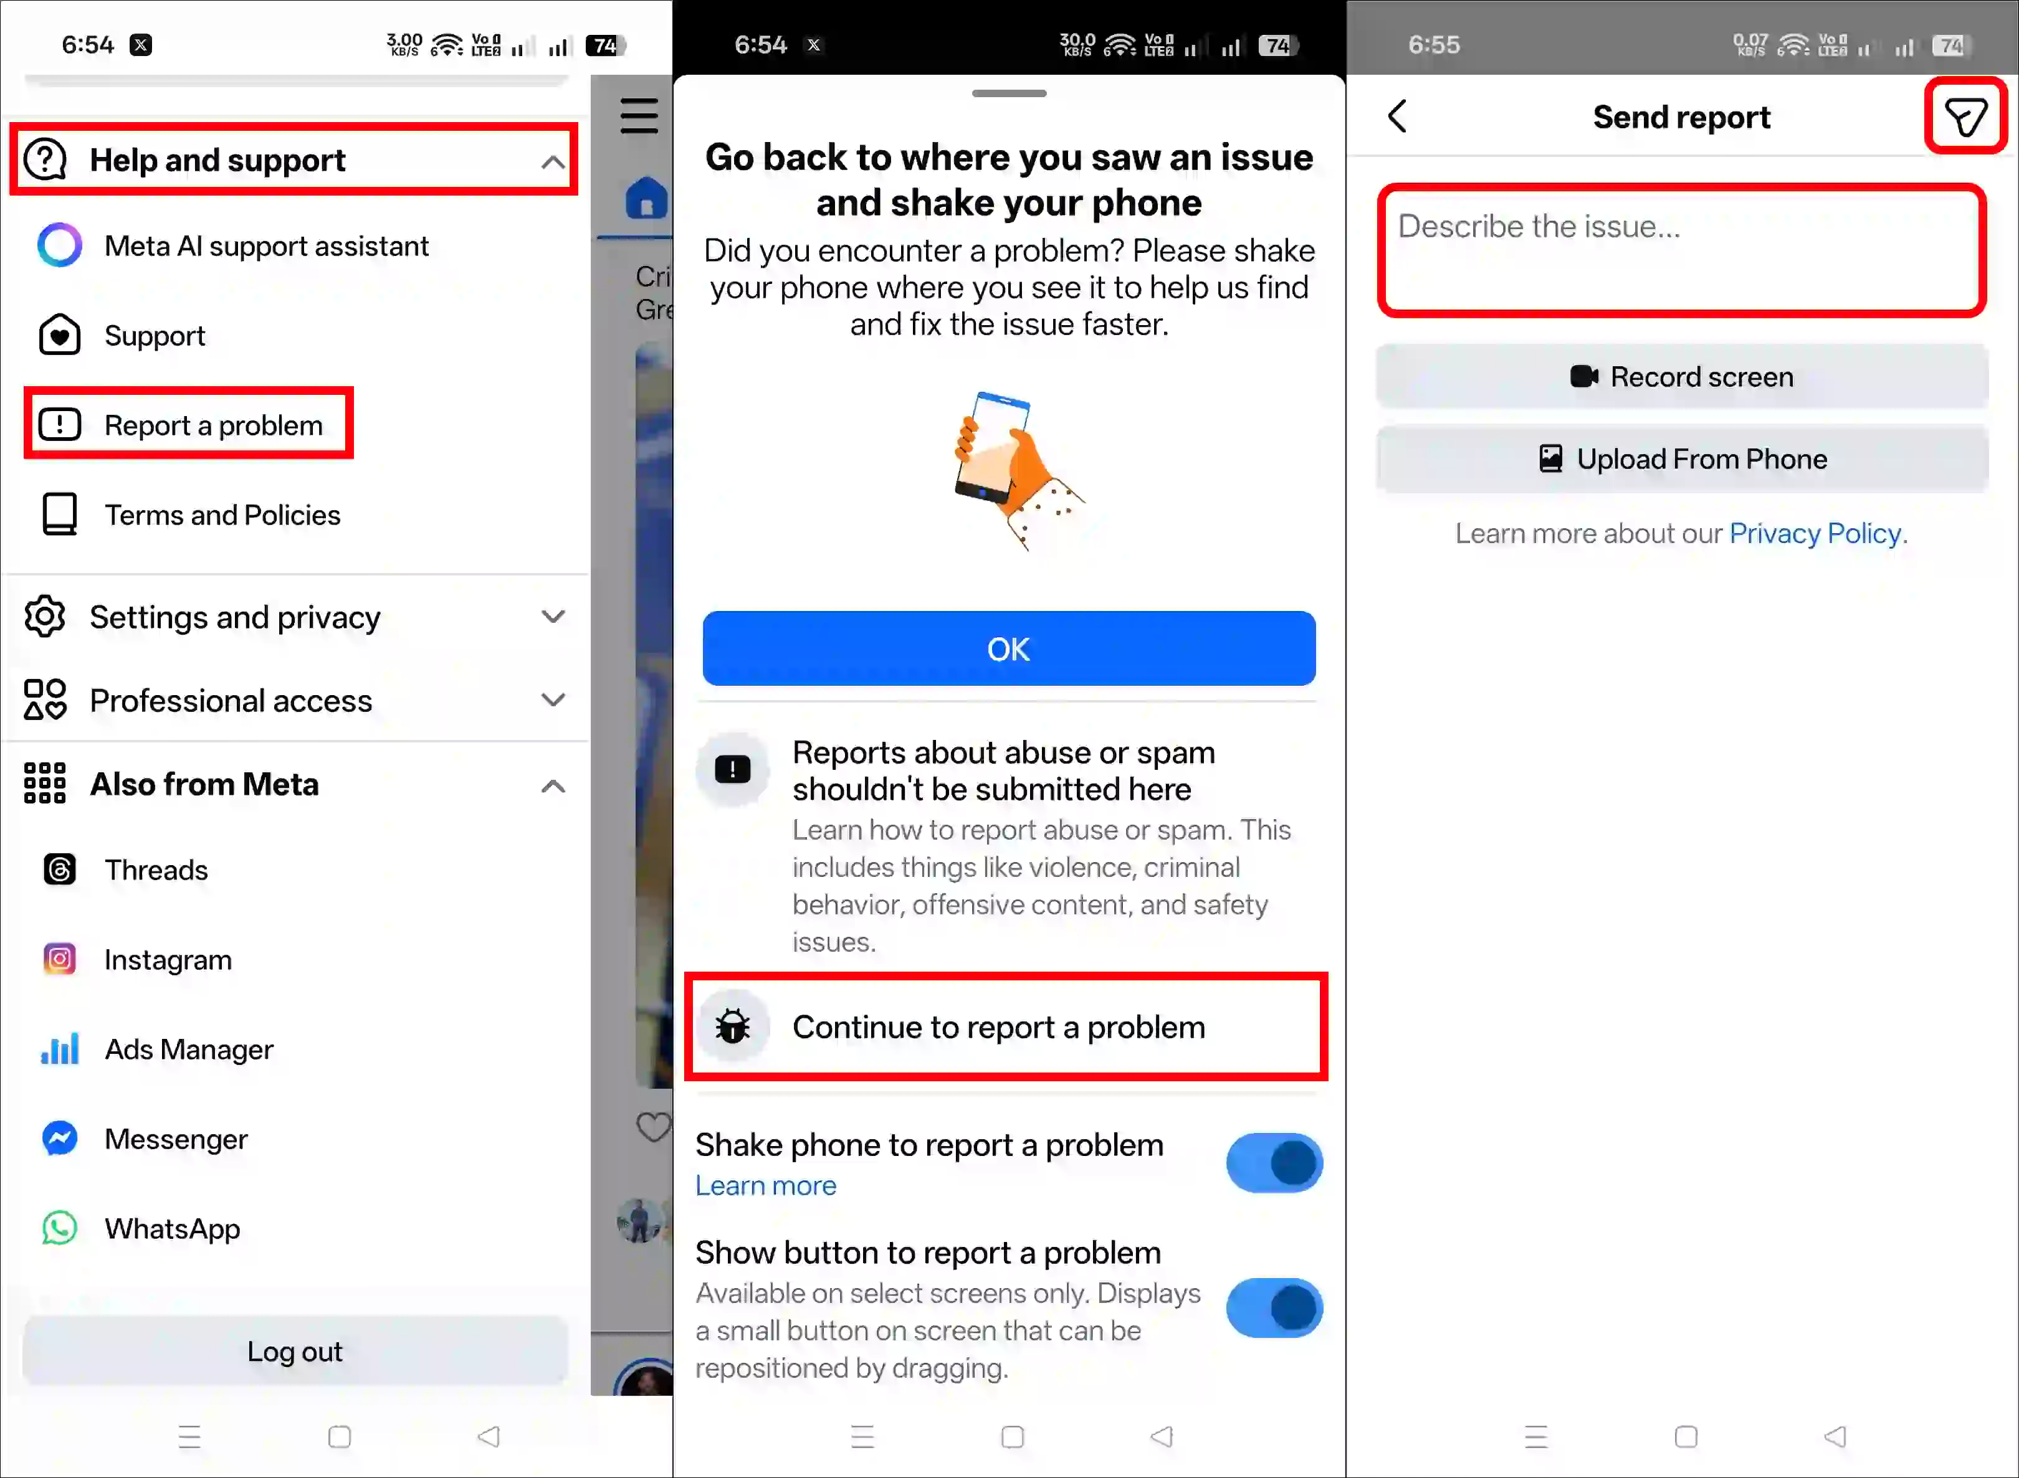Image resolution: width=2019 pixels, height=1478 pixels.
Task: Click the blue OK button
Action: (1009, 648)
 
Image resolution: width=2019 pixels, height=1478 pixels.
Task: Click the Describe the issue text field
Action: (1681, 250)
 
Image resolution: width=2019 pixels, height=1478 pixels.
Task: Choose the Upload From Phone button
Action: (1682, 459)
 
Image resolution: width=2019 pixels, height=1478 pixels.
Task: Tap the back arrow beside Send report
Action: (1398, 116)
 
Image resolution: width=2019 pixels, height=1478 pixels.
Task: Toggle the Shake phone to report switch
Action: (1274, 1163)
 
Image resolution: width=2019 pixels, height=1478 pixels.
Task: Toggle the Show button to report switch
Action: (1274, 1308)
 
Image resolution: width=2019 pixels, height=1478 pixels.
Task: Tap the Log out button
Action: (294, 1351)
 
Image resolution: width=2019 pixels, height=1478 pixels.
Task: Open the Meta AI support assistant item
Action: (266, 246)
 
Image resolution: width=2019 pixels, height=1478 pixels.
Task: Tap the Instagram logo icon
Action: (60, 959)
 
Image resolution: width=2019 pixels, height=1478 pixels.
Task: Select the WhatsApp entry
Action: (172, 1228)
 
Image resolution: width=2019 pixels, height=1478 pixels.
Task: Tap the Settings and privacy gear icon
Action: (45, 617)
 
